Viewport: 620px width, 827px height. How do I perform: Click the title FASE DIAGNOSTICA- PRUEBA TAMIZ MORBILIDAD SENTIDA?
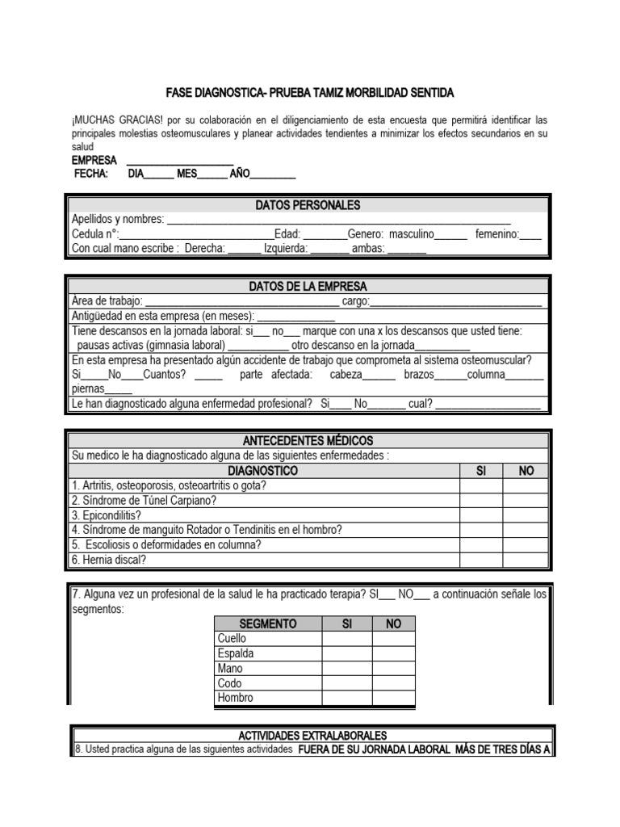click(x=310, y=93)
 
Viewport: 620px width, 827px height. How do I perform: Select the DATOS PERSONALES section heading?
click(x=308, y=205)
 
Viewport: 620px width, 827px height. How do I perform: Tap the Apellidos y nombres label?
click(x=118, y=220)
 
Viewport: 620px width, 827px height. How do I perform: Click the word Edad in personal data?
click(x=287, y=234)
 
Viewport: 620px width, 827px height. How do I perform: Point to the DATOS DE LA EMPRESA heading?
click(x=308, y=287)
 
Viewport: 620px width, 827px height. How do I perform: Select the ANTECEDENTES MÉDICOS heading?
click(x=308, y=441)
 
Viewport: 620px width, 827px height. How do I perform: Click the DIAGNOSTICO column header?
click(x=262, y=471)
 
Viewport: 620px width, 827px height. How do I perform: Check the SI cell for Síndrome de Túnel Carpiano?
click(x=480, y=501)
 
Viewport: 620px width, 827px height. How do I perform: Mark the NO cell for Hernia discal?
click(x=526, y=560)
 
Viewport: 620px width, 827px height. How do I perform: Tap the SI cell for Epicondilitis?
click(x=480, y=515)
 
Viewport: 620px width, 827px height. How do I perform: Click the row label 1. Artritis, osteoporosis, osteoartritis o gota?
click(x=169, y=486)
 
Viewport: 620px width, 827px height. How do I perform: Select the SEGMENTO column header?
click(x=267, y=624)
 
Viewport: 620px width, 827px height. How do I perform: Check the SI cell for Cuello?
click(x=346, y=639)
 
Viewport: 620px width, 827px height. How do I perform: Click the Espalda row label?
click(x=236, y=653)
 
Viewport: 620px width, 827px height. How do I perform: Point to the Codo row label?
click(x=230, y=683)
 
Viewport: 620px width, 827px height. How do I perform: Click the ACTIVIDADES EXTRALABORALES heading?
click(x=312, y=736)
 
